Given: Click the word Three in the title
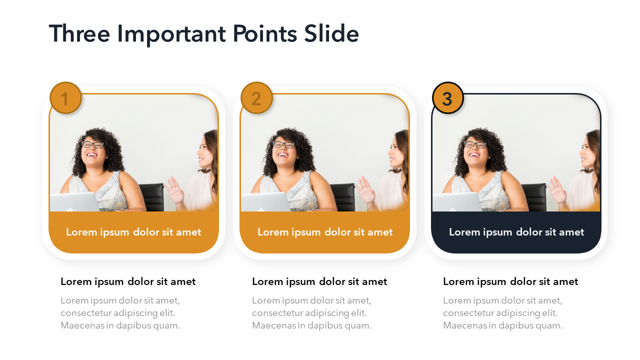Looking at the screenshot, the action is coord(79,33).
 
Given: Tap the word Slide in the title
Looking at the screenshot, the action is coord(331,33).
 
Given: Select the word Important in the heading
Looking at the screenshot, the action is coord(171,35).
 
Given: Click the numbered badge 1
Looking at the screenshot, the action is coord(65,98).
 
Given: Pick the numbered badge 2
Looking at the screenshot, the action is coord(256,98).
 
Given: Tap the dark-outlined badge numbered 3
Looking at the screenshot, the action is coord(447,98).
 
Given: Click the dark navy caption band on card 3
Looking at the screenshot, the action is coord(516,232).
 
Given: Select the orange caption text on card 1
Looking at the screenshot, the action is coord(133,232).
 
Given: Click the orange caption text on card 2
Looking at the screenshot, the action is coord(325,232).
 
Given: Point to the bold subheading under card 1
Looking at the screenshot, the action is coord(128,282).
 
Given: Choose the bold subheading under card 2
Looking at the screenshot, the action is coord(319,282).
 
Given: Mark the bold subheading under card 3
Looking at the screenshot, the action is coord(510,282).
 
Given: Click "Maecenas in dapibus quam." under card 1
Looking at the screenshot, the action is coord(120,325).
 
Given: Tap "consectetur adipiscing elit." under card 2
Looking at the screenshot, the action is coord(309,313).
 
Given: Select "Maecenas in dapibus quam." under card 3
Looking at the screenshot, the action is coord(503,325).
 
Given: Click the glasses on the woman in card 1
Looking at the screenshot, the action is coord(93,144).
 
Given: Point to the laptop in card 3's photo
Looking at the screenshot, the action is coord(457,201).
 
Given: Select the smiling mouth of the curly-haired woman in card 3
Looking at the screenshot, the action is coord(474,155).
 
